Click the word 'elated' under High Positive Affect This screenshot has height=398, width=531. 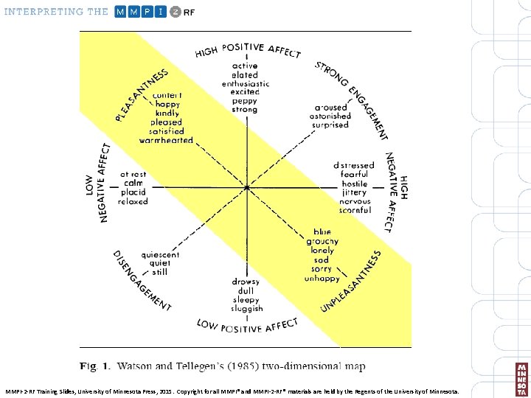tap(245, 75)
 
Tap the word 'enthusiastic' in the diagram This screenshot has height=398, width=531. tap(245, 84)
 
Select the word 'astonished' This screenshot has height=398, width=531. tap(330, 116)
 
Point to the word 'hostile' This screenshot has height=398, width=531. tap(354, 184)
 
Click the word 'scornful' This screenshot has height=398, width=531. tap(355, 211)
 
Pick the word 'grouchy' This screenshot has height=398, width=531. tap(322, 242)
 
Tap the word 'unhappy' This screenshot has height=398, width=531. tap(322, 279)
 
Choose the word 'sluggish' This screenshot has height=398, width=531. tap(246, 310)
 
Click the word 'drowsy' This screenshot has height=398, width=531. tap(246, 282)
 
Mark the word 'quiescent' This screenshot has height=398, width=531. tap(160, 255)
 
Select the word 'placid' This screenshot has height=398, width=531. tap(133, 192)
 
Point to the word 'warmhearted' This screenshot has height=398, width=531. tap(166, 140)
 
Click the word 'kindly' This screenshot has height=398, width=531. tap(167, 114)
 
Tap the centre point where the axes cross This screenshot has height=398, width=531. tap(247, 188)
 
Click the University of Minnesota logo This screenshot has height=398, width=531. tap(522, 379)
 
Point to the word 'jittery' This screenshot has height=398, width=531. tap(354, 192)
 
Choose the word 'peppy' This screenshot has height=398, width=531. tap(245, 101)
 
